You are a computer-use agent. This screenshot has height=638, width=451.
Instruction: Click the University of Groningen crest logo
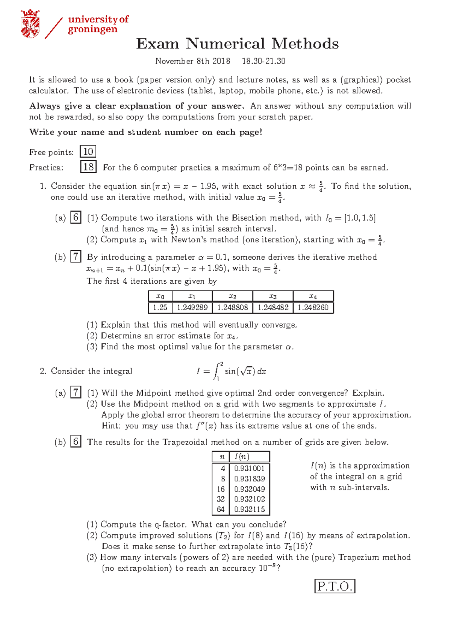coord(30,24)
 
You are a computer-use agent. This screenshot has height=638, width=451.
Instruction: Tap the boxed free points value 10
coord(88,152)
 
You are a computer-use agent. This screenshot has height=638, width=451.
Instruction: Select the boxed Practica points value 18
coord(88,167)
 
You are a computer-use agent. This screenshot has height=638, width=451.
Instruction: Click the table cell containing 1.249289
coord(192,307)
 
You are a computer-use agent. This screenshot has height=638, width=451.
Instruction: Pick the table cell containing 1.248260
coord(313,307)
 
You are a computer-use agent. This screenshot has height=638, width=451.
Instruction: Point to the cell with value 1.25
coord(160,307)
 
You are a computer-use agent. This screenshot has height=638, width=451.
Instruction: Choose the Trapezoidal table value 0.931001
coord(249,469)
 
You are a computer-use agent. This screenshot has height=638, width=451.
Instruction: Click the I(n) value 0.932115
coord(249,509)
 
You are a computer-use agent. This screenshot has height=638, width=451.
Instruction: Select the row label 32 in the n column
coord(221,499)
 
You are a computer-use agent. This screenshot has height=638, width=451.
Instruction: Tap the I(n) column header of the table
coord(242,457)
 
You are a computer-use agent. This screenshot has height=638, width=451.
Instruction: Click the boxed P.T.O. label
coord(334,587)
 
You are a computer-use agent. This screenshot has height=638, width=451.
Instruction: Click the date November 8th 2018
coord(193,61)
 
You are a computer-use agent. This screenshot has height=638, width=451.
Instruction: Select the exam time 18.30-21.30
coord(263,61)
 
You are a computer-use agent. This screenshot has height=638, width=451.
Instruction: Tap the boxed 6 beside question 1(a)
coord(76,217)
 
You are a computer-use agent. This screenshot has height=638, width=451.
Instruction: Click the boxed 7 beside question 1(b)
coord(76,257)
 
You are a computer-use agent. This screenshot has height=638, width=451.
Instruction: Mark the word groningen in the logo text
coord(92,30)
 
